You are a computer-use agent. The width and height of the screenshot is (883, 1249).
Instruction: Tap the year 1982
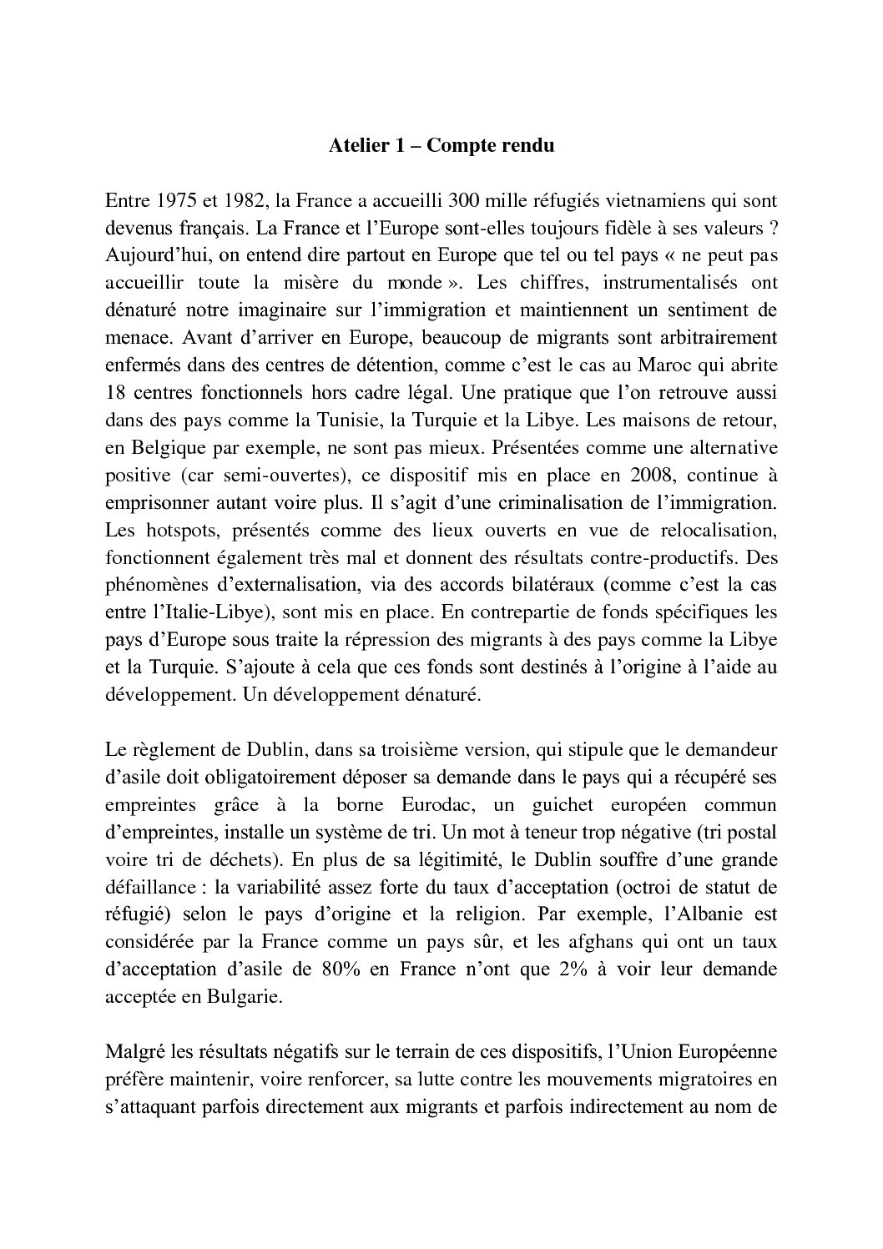pyautogui.click(x=237, y=200)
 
